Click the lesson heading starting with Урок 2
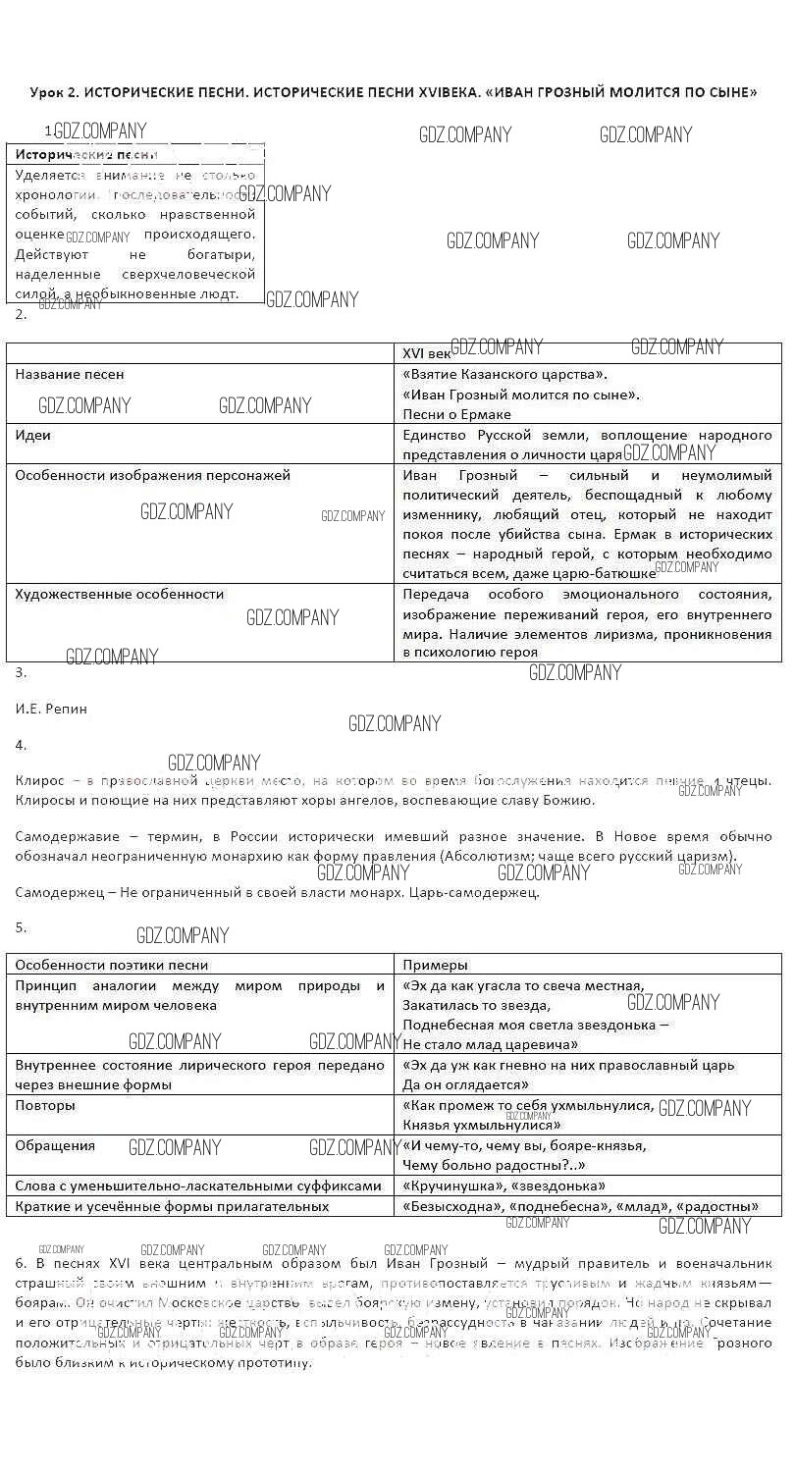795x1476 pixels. pos(394,92)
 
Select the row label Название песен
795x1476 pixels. pos(70,375)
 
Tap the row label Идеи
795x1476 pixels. pos(33,435)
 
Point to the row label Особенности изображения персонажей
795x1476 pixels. pos(153,475)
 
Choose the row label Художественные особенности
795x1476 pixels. pos(120,594)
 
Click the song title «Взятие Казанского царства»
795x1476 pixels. pos(504,375)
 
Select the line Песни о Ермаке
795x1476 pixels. pos(456,414)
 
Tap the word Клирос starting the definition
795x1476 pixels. pos(39,781)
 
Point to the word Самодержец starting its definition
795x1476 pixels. pos(58,893)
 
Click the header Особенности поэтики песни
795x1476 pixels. pos(112,965)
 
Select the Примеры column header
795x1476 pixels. pos(435,965)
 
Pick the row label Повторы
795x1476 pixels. pos(45,1105)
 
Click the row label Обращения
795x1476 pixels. pos(55,1145)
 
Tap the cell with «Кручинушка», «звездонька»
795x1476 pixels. pos(503,1186)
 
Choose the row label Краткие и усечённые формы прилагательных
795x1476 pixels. pos(172,1206)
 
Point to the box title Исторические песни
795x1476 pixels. pos(86,155)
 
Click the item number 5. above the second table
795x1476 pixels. pos(21,927)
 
